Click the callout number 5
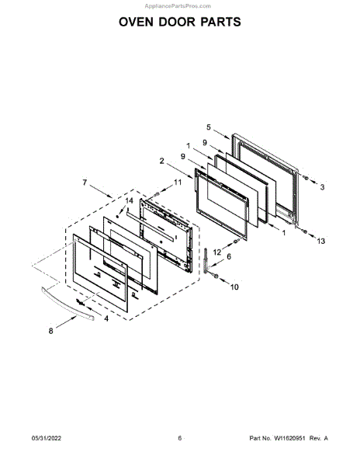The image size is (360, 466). (x=209, y=127)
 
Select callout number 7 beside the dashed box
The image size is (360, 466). (x=85, y=183)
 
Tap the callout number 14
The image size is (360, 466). (x=129, y=201)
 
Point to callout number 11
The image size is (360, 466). (x=178, y=183)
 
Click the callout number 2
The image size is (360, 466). (x=161, y=161)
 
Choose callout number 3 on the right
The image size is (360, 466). (x=322, y=187)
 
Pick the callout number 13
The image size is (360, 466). (x=321, y=241)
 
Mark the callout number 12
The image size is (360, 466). (x=217, y=252)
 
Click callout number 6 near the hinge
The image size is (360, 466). (x=229, y=256)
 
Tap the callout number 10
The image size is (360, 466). (x=234, y=287)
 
